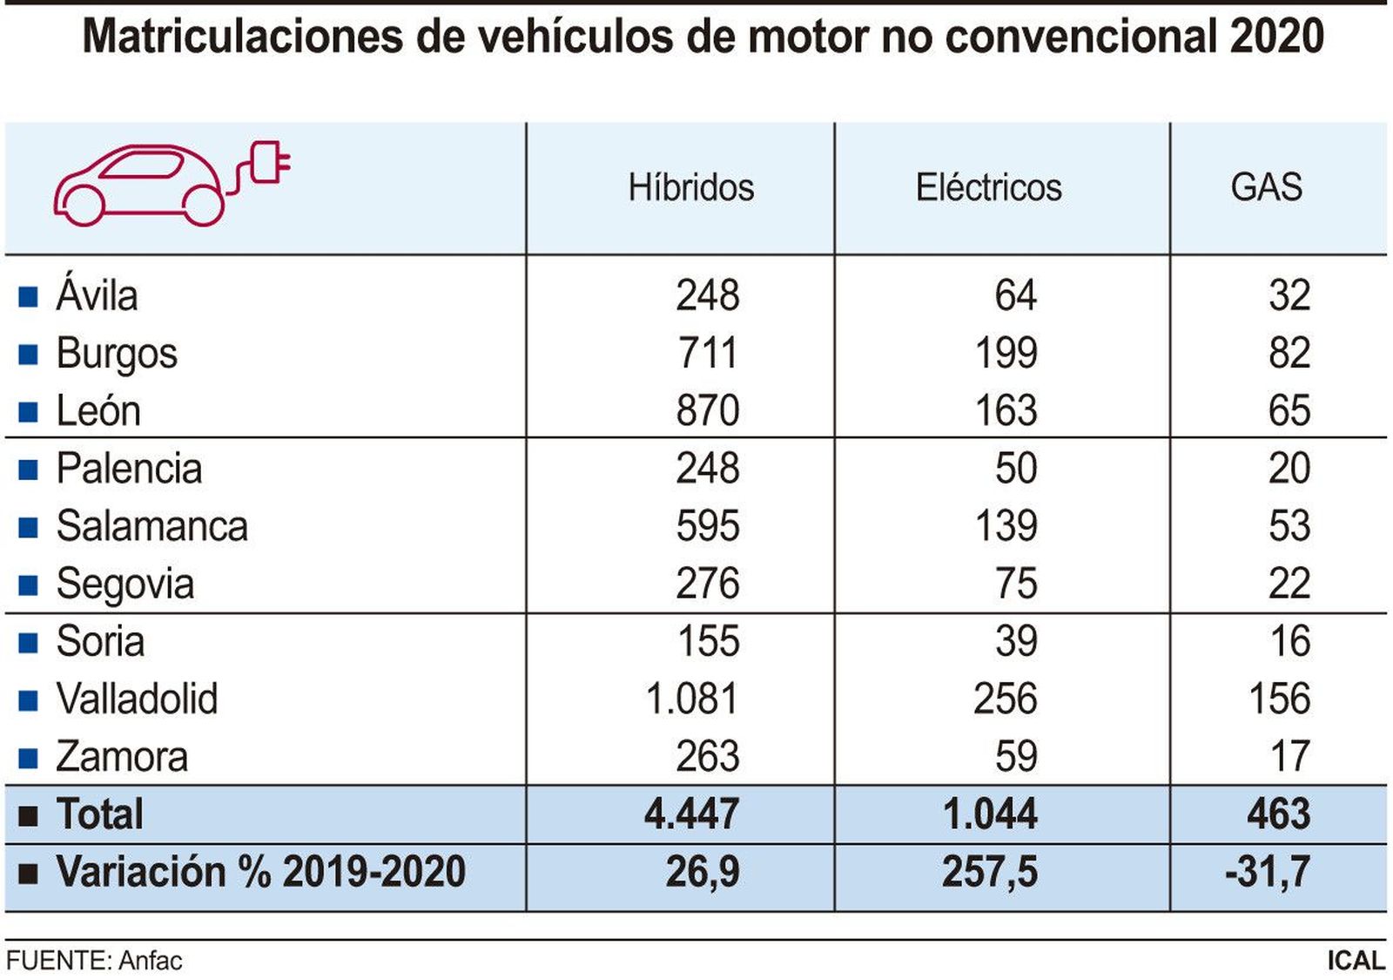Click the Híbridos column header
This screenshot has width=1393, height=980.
coord(691,187)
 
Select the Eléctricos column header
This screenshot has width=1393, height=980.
coord(988,187)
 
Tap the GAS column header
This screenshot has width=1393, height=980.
coord(1266,187)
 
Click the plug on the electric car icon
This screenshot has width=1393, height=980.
coord(270,162)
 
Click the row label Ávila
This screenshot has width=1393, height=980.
coord(97,295)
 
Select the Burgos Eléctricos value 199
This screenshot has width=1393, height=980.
coord(1006,353)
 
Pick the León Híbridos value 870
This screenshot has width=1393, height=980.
coord(707,410)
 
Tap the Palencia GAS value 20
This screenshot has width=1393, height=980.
coord(1289,468)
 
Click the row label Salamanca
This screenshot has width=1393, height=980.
coord(151,526)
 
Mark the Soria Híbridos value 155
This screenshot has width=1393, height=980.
coord(708,641)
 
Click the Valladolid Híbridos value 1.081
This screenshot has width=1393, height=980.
coord(691,699)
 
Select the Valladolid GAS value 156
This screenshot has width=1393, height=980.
coord(1279,699)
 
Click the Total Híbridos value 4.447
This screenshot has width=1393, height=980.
coord(691,814)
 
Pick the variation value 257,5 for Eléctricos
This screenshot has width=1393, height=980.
coord(989,871)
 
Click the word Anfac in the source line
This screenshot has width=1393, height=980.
coord(150,960)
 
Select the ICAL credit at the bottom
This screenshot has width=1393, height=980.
coord(1355,960)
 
